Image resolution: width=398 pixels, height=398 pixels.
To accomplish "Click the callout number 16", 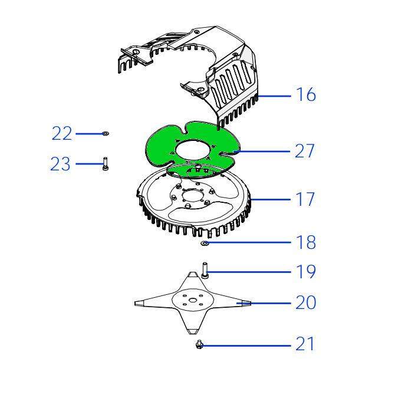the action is (306, 94).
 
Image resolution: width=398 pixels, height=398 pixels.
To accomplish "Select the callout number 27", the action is (305, 151).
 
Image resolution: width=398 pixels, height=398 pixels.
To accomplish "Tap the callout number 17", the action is (305, 199).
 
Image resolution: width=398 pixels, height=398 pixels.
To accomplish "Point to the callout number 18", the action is (306, 242).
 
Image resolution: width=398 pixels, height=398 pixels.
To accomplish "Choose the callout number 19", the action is (306, 272).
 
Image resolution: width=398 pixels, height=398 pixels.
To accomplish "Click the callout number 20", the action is (306, 302).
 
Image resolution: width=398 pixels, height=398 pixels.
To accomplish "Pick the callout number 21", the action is (305, 344).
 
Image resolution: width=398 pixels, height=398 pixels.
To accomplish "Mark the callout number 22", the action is (62, 133).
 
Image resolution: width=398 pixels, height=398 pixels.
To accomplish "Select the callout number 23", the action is (60, 164).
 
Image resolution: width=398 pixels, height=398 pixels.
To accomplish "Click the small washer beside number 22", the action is (105, 133).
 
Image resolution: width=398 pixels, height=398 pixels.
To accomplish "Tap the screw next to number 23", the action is (105, 164).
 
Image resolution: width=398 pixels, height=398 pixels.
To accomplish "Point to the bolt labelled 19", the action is (205, 271).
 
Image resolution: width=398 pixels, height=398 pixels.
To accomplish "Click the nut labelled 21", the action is (199, 344).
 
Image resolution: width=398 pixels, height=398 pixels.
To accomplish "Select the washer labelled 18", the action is (205, 244).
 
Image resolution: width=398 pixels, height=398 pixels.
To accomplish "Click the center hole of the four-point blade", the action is (193, 300).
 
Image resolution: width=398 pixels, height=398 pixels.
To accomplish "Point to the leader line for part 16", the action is (274, 96).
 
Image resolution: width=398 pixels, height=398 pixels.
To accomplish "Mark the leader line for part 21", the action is (245, 346).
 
